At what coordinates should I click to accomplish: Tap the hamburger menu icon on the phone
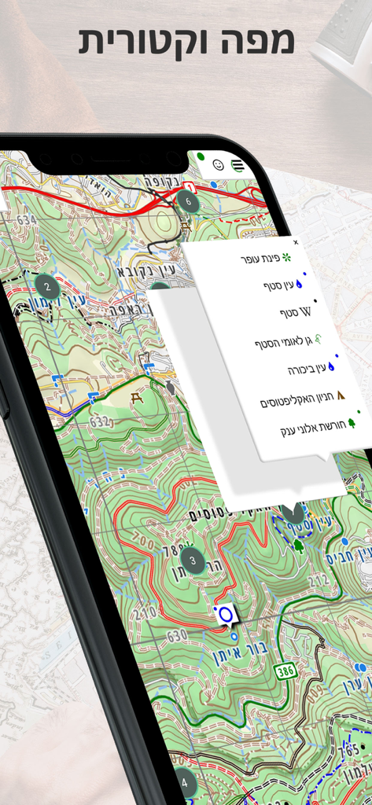(237, 166)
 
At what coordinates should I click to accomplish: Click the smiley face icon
(219, 165)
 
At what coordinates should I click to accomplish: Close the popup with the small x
(296, 243)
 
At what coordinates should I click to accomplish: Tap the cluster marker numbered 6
(186, 200)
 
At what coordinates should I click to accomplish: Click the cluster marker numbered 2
(47, 286)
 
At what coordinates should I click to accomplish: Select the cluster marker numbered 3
(192, 560)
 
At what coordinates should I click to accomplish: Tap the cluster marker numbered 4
(184, 782)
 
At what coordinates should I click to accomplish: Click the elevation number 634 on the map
(26, 219)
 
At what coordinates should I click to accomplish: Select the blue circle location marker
(226, 613)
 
